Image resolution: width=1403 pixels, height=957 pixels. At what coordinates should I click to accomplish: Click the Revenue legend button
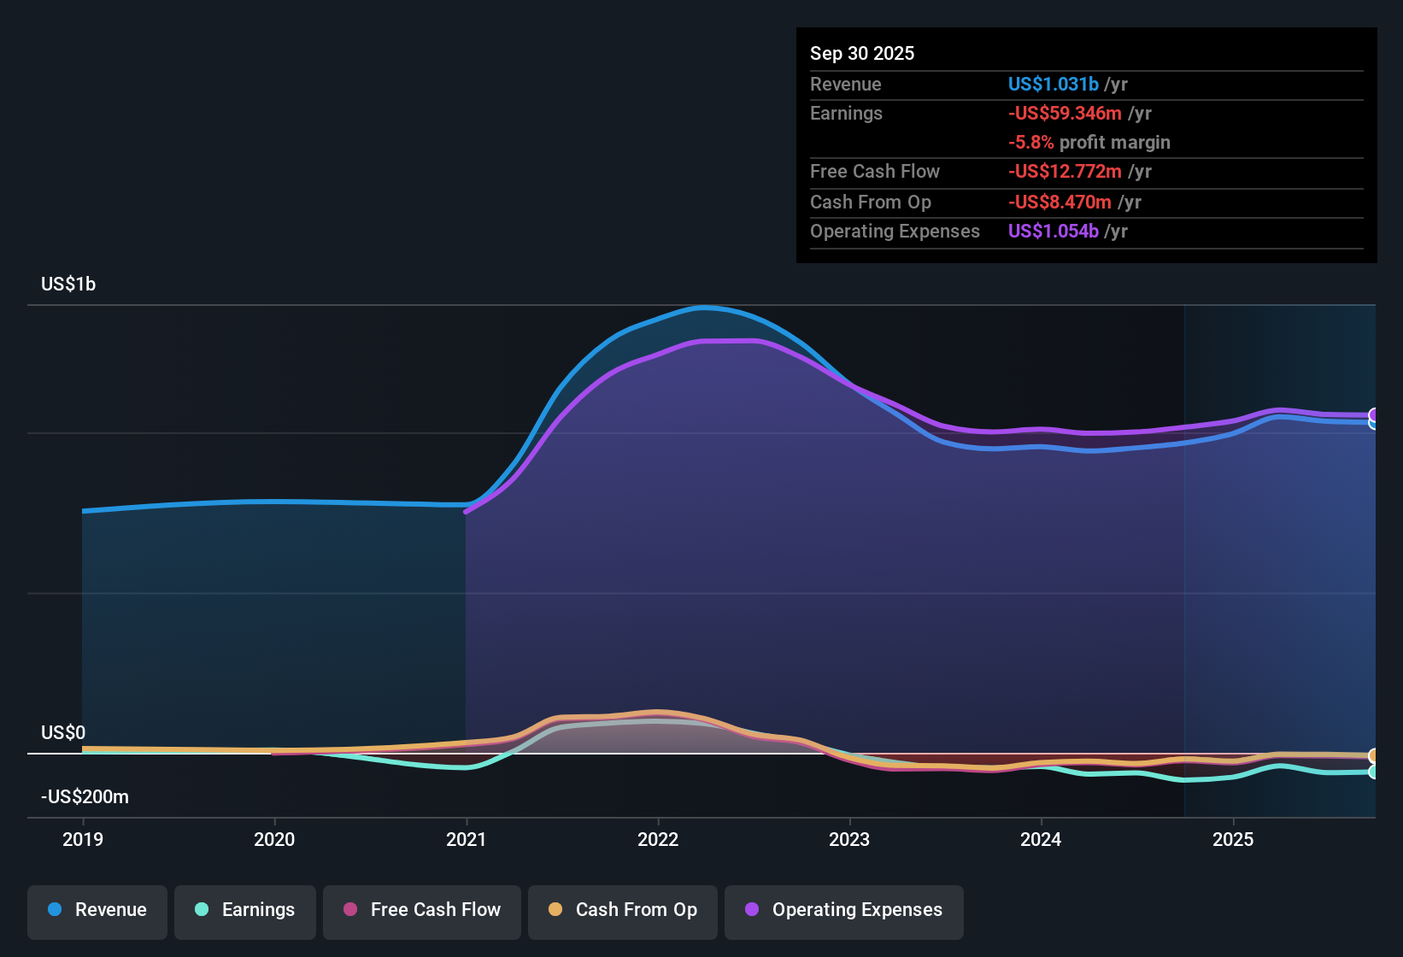tap(97, 910)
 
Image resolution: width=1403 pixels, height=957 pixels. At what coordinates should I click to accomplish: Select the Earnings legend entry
tap(245, 910)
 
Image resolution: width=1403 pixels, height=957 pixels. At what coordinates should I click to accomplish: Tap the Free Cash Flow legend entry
tap(422, 910)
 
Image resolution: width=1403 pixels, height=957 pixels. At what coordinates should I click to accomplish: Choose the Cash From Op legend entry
tap(623, 910)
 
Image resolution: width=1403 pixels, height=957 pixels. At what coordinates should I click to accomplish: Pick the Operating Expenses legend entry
tap(844, 910)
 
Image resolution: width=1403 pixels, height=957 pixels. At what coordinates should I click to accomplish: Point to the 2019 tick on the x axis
tap(83, 839)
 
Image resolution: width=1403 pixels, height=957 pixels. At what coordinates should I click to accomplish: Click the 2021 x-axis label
tap(467, 839)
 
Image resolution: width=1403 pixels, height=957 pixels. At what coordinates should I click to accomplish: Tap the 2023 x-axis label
tap(849, 839)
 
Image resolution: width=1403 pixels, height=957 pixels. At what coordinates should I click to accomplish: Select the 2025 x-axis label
tap(1233, 839)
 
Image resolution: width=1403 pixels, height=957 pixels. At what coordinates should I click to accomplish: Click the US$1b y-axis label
tap(68, 285)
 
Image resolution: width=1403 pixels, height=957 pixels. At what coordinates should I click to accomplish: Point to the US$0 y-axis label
tap(63, 733)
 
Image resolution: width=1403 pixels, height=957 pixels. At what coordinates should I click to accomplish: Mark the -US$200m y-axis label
tap(85, 797)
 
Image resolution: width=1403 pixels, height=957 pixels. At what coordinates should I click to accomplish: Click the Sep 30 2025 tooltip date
tap(862, 54)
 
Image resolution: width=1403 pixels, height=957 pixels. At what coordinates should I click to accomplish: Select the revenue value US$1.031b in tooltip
tap(1053, 85)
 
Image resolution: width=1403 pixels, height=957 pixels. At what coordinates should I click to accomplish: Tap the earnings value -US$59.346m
tap(1065, 114)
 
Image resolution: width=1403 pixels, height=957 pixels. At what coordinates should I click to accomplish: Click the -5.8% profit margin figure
tap(1030, 143)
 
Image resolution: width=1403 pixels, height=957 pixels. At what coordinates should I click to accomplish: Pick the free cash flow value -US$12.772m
tap(1065, 172)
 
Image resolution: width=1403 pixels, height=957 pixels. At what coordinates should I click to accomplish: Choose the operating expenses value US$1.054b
tap(1053, 232)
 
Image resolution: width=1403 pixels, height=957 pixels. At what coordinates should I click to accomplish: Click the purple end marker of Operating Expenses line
tap(1374, 415)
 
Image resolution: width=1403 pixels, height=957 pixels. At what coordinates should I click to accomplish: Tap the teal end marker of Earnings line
tap(1374, 772)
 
